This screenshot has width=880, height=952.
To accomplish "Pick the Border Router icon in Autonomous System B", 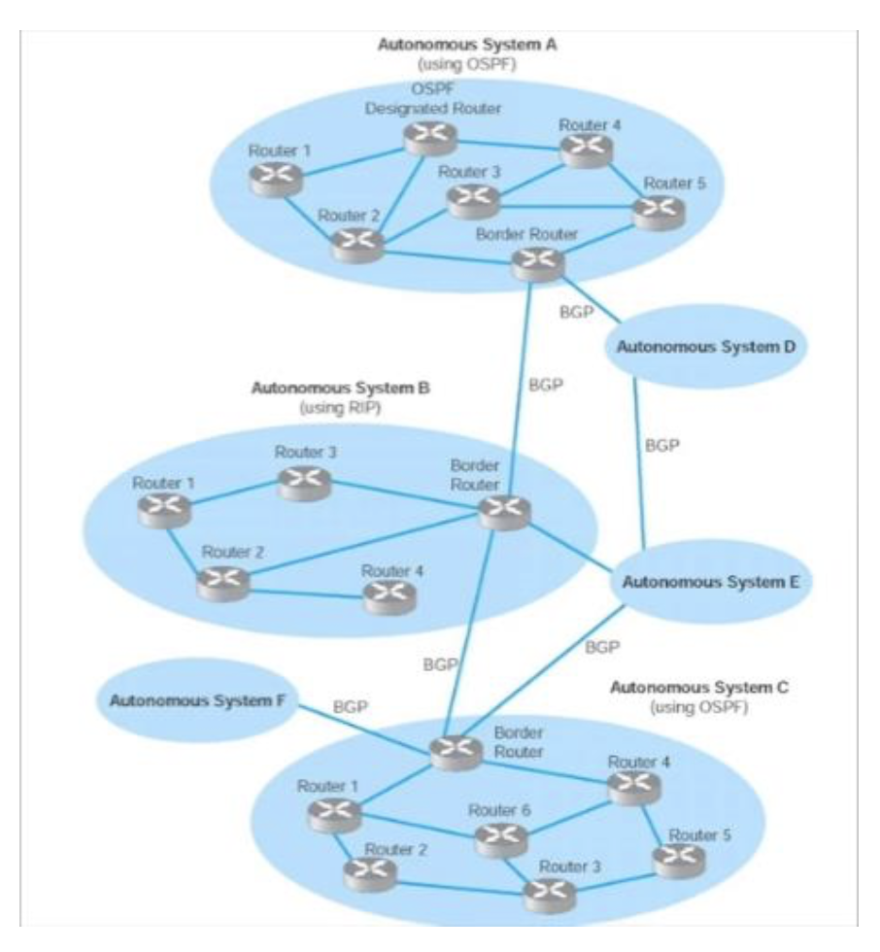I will [x=504, y=509].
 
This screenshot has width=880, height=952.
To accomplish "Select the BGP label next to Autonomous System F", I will [x=352, y=707].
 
